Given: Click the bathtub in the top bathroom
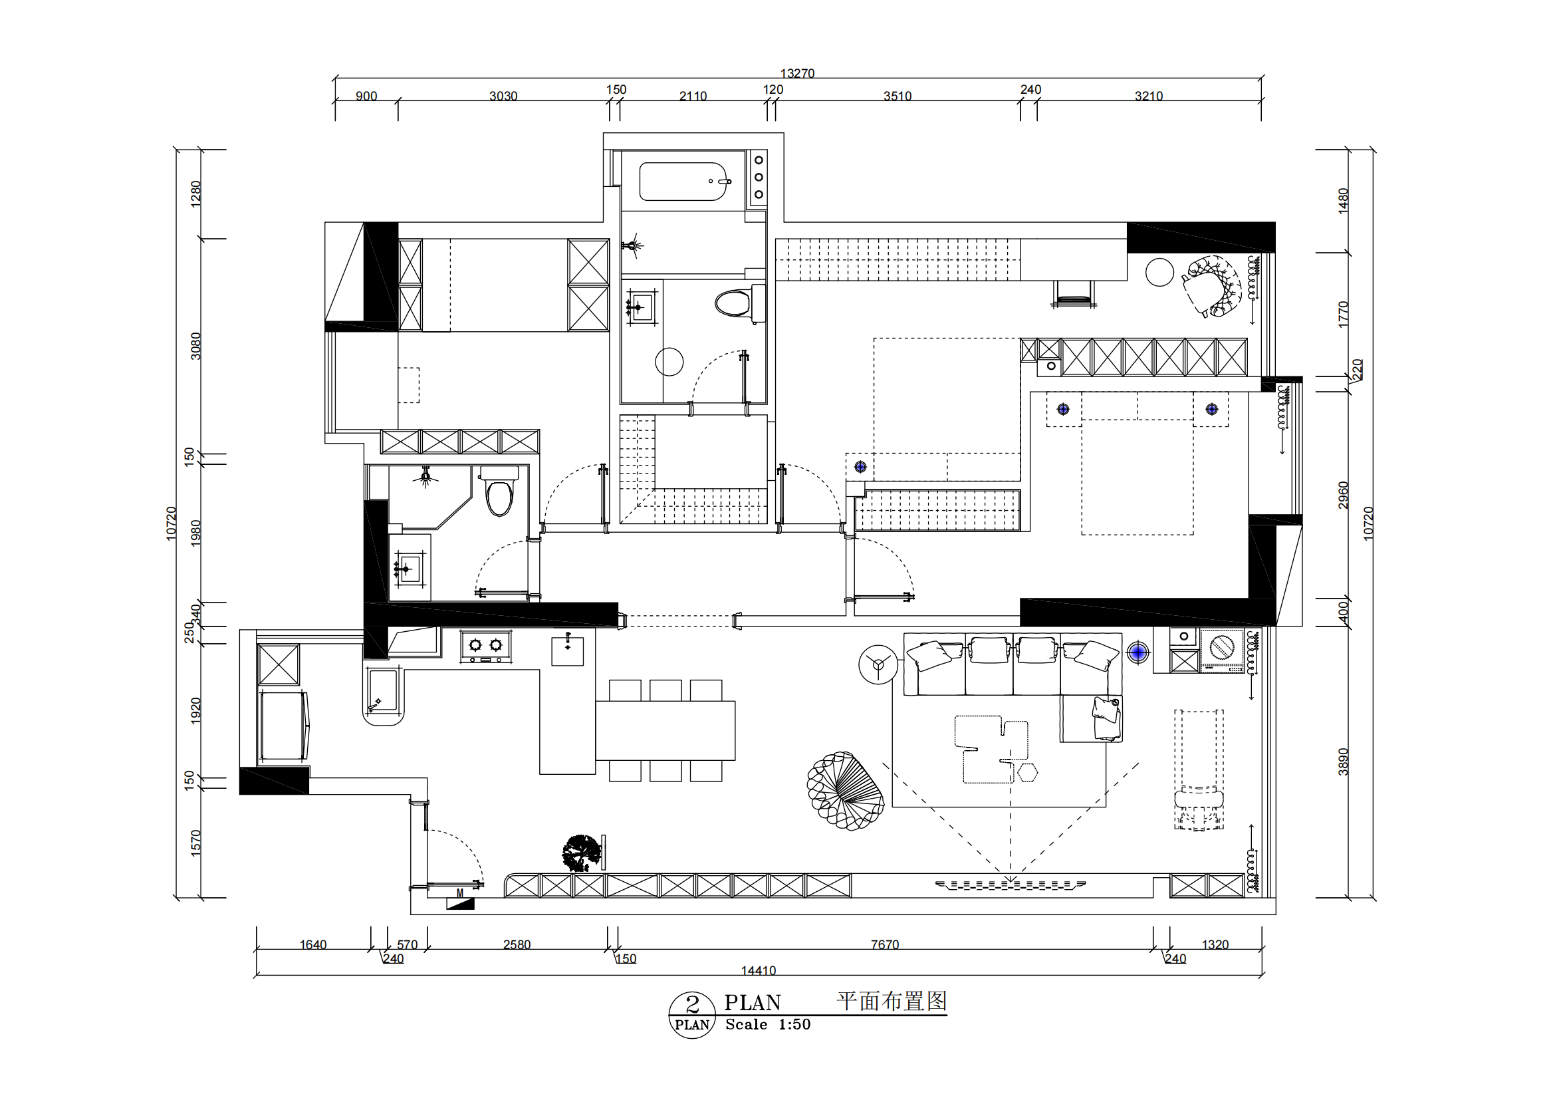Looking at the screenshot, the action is [x=683, y=181].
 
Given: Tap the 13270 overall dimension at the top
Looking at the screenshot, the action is [x=797, y=73].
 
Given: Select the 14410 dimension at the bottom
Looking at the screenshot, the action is [x=759, y=970].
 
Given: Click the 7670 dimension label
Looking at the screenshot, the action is [x=884, y=944].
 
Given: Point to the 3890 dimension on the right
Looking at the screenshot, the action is [x=1343, y=762].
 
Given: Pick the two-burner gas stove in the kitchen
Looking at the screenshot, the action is [x=485, y=646].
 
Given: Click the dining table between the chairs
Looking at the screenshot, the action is [x=665, y=730].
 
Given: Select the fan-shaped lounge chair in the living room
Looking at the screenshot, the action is [x=844, y=791].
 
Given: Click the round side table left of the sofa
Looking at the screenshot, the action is [x=878, y=664].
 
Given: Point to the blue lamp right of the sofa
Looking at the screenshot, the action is [x=1137, y=652].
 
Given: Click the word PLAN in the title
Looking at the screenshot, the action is [x=753, y=1002].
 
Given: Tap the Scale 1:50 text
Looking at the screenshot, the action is [x=768, y=1025].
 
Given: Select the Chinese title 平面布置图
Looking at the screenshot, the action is [x=892, y=1001].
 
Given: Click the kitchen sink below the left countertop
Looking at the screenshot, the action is [x=384, y=692].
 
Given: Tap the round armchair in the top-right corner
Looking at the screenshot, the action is [x=1213, y=286].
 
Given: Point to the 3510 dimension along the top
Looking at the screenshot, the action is [x=897, y=96].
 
